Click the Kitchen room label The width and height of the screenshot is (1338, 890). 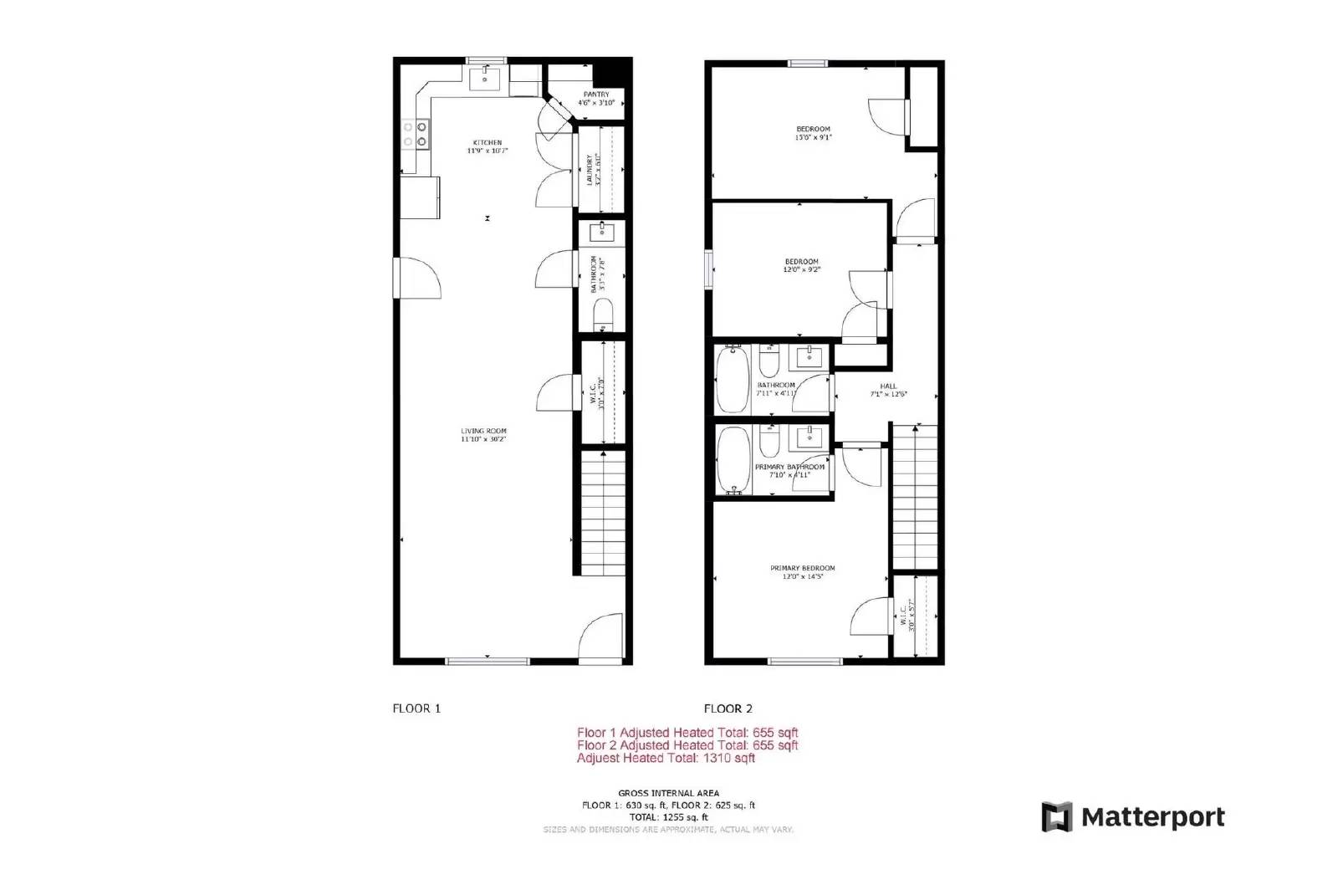click(x=488, y=143)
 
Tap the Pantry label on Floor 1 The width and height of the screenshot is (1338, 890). click(x=596, y=95)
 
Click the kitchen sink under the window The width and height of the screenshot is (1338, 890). click(x=485, y=79)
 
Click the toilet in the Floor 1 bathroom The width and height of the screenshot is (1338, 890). click(x=602, y=315)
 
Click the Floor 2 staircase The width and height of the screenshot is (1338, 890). click(x=915, y=498)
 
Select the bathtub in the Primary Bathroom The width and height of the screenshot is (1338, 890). click(x=733, y=461)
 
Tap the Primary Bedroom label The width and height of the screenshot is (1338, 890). click(x=802, y=569)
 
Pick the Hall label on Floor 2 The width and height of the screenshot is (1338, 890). click(x=888, y=386)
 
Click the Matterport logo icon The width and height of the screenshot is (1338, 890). click(x=1056, y=817)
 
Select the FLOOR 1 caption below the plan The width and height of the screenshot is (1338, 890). click(x=416, y=708)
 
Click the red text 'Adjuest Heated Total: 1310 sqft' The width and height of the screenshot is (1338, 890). click(x=666, y=759)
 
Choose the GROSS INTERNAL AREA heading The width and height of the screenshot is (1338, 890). click(x=668, y=793)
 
